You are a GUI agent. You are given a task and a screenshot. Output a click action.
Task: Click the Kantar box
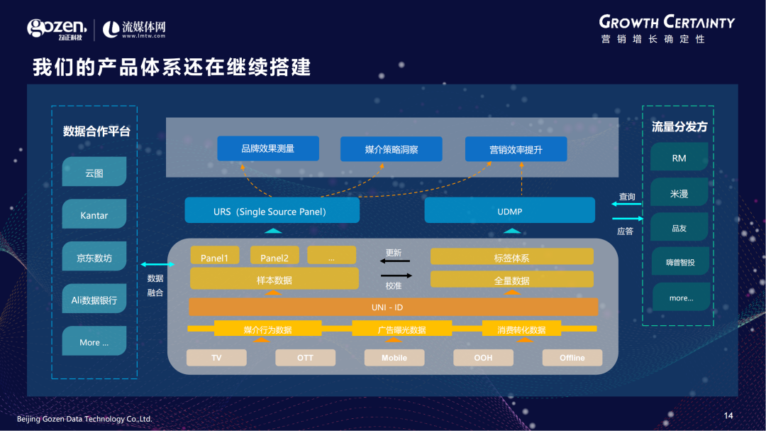(94, 215)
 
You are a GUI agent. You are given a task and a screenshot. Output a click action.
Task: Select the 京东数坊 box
(94, 258)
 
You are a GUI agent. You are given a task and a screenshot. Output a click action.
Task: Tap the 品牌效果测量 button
(268, 148)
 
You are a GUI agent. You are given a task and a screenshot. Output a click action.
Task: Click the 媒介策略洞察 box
(392, 149)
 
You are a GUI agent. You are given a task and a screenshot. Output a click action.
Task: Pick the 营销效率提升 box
(516, 149)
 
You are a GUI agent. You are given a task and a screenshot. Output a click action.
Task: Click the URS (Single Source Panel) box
(272, 211)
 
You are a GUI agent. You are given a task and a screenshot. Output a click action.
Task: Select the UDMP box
(509, 211)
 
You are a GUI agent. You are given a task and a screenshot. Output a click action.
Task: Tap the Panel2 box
(274, 257)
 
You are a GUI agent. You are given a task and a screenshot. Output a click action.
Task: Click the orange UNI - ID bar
(393, 307)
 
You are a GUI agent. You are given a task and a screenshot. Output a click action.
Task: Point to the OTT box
(305, 358)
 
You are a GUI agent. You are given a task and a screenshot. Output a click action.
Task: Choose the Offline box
(572, 358)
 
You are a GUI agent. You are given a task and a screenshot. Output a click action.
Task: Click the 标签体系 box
(511, 257)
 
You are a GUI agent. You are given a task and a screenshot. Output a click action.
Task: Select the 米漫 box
(679, 193)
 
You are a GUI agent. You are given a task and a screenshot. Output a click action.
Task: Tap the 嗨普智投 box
(680, 262)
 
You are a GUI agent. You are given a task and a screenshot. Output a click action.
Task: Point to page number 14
(728, 415)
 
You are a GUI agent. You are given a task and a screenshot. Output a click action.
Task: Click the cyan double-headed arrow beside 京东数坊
(157, 264)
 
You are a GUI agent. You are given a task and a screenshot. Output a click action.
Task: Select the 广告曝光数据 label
(401, 329)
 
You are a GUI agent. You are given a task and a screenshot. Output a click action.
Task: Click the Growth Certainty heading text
(667, 22)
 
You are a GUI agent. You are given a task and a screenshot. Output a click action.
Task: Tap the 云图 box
(94, 173)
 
